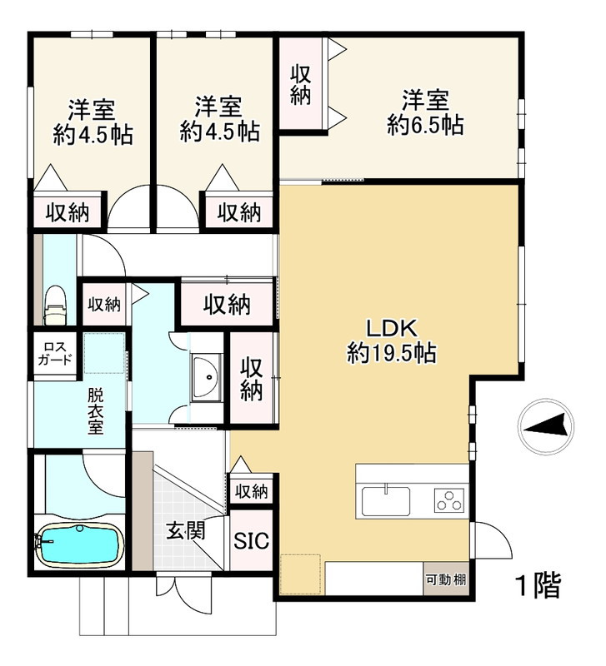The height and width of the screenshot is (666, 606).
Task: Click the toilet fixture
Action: click(55, 305)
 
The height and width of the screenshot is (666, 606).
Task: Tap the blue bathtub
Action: click(79, 544)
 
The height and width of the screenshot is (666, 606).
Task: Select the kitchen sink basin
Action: click(386, 501)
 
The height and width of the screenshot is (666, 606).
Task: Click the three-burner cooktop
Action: click(450, 500)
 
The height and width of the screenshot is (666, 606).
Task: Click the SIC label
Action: click(252, 540)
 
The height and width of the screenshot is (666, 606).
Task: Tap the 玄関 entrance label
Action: click(186, 531)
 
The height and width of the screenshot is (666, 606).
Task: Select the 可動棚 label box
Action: click(446, 579)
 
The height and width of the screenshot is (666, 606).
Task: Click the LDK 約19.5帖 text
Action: click(392, 340)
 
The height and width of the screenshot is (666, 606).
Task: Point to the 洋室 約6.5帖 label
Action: click(425, 112)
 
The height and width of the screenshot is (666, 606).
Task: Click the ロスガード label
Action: click(55, 354)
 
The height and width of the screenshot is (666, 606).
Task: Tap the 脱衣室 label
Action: click(96, 411)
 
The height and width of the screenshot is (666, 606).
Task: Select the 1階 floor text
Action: click(538, 586)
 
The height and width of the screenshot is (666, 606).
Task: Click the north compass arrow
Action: click(546, 426)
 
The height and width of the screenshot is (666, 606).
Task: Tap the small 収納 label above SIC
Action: click(252, 492)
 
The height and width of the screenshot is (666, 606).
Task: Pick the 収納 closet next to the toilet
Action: click(104, 304)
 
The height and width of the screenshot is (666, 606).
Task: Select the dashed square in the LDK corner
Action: click(301, 574)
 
